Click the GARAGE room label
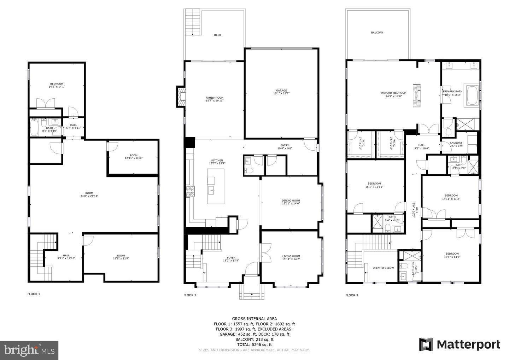click(281, 91)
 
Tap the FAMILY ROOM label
click(215, 98)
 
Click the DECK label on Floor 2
click(218, 35)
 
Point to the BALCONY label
click(377, 33)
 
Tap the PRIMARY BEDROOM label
click(393, 93)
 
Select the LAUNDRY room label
click(456, 143)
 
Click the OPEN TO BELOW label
click(383, 268)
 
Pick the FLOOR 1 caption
click(34, 294)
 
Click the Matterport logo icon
click(426, 344)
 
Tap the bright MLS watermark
click(29, 350)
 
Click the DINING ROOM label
click(291, 201)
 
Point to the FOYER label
click(231, 258)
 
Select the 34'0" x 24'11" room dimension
click(87, 196)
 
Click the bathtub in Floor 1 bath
click(34, 127)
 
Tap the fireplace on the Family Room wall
click(181, 96)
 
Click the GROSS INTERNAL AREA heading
click(254, 319)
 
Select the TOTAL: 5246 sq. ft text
click(254, 344)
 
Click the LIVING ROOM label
click(291, 256)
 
